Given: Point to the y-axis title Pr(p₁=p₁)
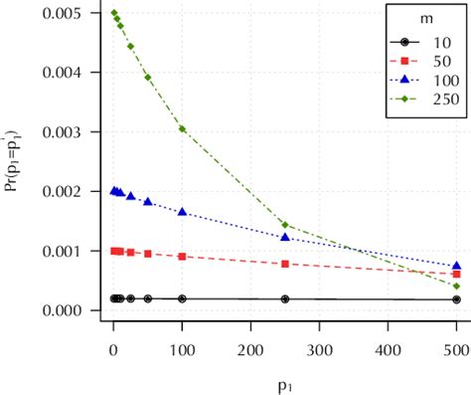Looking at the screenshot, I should [x=13, y=162].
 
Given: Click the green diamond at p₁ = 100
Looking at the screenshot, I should [x=182, y=128].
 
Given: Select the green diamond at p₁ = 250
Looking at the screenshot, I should [x=285, y=225].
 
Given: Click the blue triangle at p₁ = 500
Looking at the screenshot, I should [x=456, y=267].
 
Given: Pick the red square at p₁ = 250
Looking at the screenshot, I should [x=285, y=264].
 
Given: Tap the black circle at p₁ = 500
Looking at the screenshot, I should [x=456, y=299].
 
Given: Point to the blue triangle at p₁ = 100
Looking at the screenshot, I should [x=182, y=212].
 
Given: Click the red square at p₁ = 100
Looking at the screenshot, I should [x=182, y=257].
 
